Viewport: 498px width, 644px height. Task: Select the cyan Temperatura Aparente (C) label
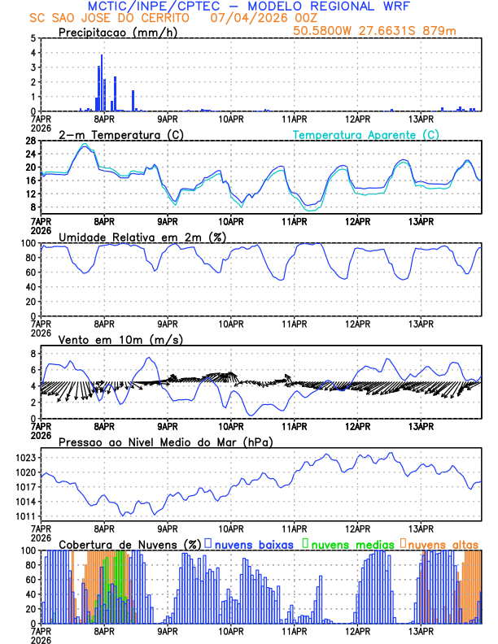[366, 134]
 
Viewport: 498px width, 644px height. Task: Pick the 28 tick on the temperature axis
[29, 141]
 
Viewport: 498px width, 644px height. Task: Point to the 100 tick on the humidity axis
[27, 243]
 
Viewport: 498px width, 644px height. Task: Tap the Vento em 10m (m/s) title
[121, 339]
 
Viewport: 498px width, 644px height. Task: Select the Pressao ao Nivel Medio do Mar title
[165, 442]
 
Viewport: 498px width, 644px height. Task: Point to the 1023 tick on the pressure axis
[24, 458]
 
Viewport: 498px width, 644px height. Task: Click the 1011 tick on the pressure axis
[24, 516]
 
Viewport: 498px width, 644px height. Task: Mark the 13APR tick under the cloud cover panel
[421, 630]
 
